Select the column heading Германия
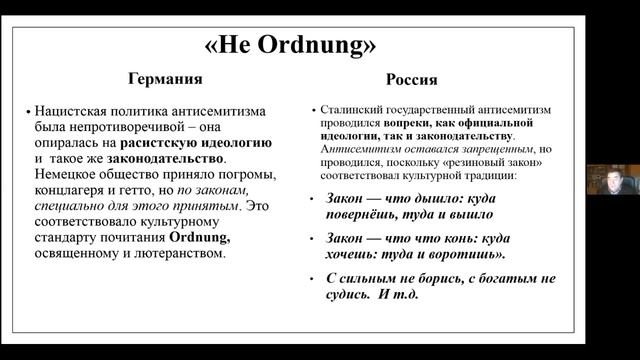pos(163,80)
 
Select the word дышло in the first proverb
pos(425,197)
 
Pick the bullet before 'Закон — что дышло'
pos(313,198)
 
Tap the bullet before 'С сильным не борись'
pos(313,279)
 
